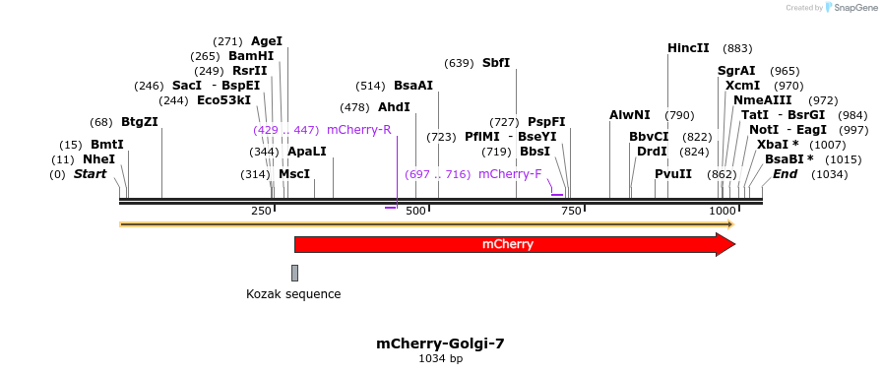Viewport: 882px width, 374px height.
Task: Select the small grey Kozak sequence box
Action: point(294,273)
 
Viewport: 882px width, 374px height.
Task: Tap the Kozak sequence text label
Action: point(293,293)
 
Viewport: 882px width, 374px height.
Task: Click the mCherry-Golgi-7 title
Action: point(440,343)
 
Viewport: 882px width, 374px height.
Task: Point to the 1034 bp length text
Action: point(440,359)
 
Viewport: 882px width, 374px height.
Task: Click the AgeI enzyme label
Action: point(267,41)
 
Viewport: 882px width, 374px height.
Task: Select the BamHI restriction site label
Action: point(251,56)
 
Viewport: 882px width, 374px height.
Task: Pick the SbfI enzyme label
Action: point(496,63)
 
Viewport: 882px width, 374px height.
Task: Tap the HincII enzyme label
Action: point(688,48)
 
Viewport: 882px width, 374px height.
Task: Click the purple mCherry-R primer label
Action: point(358,129)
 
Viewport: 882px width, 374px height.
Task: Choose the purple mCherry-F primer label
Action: point(510,174)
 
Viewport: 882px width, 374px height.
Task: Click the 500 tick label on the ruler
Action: point(415,211)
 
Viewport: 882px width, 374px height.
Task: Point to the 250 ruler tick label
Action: point(261,211)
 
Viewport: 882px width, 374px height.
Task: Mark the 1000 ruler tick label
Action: point(723,211)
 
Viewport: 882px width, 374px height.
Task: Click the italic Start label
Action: point(90,174)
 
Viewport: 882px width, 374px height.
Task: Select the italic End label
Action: point(786,174)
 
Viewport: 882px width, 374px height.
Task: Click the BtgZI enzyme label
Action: point(139,122)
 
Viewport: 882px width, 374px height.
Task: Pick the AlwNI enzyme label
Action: point(630,115)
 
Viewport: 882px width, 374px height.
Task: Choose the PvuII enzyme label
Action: point(673,174)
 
